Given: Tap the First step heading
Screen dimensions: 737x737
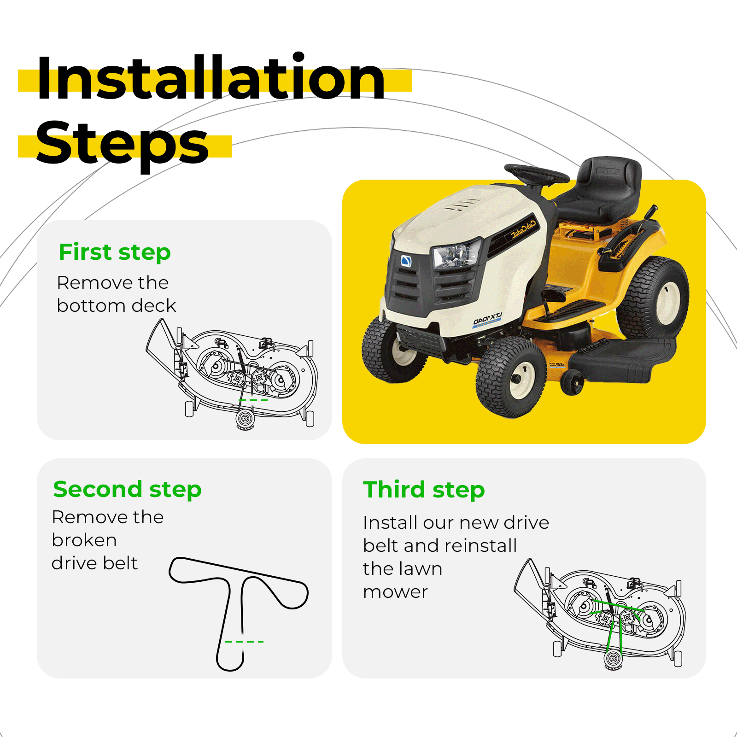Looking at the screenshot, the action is pos(115,252).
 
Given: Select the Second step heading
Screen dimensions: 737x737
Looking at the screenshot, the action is pos(127,489).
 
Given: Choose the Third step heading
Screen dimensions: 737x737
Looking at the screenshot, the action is pos(424,489).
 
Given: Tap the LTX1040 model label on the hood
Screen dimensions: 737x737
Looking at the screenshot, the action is pos(487,319).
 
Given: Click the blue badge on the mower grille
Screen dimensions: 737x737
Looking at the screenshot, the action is pos(406,261).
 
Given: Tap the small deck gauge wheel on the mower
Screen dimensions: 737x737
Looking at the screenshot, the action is pos(572,383).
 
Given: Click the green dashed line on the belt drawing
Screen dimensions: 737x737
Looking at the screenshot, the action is pos(244,642).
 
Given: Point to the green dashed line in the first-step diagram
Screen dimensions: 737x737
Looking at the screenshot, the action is pos(253,400).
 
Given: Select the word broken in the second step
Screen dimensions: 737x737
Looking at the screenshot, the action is pos(84,540).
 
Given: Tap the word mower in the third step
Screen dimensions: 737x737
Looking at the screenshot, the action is pos(396,592).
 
